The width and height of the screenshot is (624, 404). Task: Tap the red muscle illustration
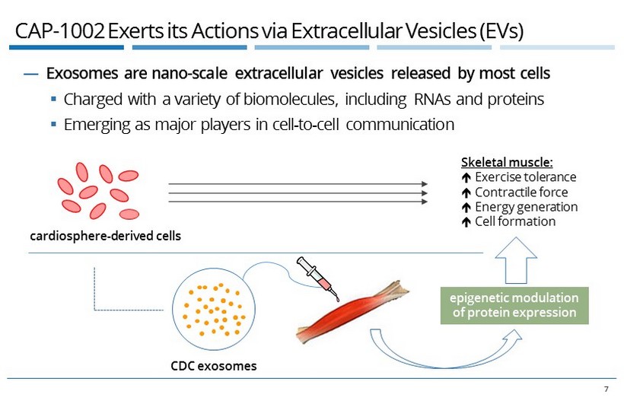tap(350, 313)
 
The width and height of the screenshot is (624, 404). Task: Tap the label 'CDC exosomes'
tap(214, 366)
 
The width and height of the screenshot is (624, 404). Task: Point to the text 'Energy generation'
tap(526, 207)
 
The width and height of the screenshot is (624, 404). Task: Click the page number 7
tap(606, 390)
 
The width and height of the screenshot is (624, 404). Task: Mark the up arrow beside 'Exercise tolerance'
tap(466, 178)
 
